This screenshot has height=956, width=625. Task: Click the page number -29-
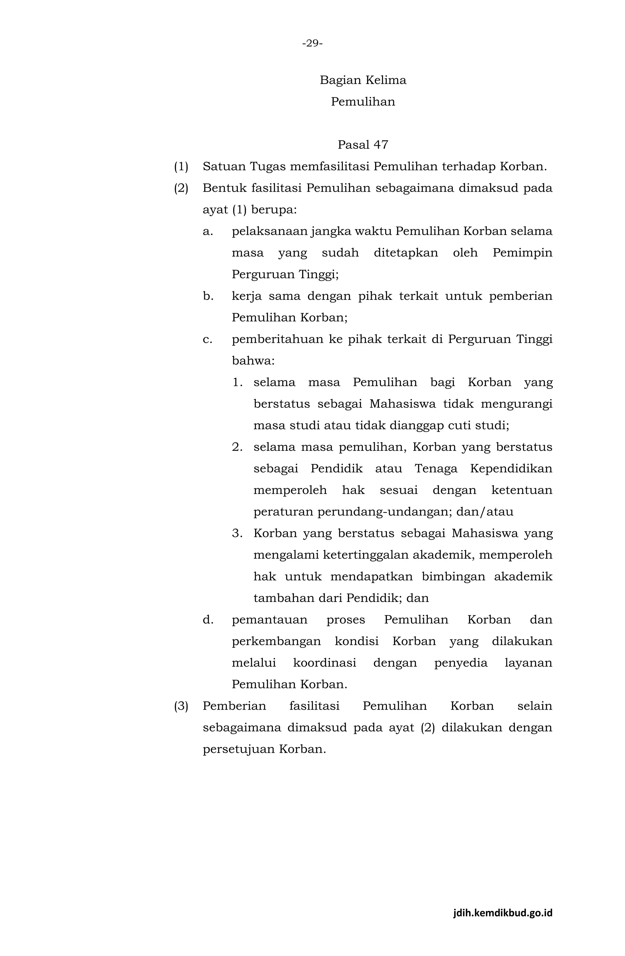pos(312,43)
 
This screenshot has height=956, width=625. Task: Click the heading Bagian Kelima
pos(363,80)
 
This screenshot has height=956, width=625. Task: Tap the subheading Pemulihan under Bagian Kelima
pos(363,102)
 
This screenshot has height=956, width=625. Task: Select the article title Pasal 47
pos(363,145)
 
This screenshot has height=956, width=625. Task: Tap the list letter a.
pos(207,231)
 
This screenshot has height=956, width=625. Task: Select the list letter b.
pos(207,296)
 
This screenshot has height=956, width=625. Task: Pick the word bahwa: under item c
pos(253,361)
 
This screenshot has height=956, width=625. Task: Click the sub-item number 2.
pos(237,447)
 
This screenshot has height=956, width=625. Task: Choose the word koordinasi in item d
pos(324,663)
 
